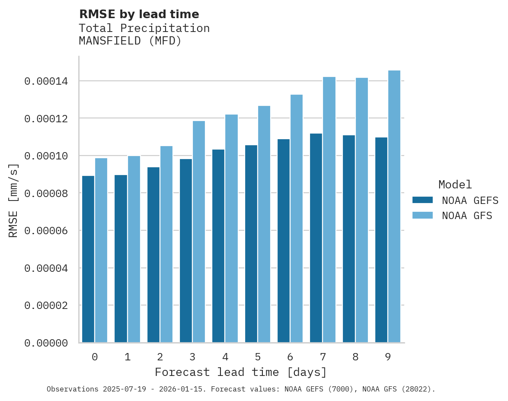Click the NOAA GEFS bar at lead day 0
click(88, 259)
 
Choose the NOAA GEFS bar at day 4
click(218, 246)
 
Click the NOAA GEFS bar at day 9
click(381, 240)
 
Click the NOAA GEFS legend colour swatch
click(422, 200)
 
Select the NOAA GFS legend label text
click(467, 216)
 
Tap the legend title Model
click(455, 185)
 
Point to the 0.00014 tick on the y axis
click(46, 81)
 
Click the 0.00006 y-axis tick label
click(46, 231)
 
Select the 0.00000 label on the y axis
click(46, 343)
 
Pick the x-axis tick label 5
click(258, 357)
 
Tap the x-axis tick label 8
click(355, 357)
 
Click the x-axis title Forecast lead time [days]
click(241, 372)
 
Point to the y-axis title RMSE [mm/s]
click(13, 200)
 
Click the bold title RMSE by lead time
click(139, 14)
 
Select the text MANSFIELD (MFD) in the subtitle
click(130, 41)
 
